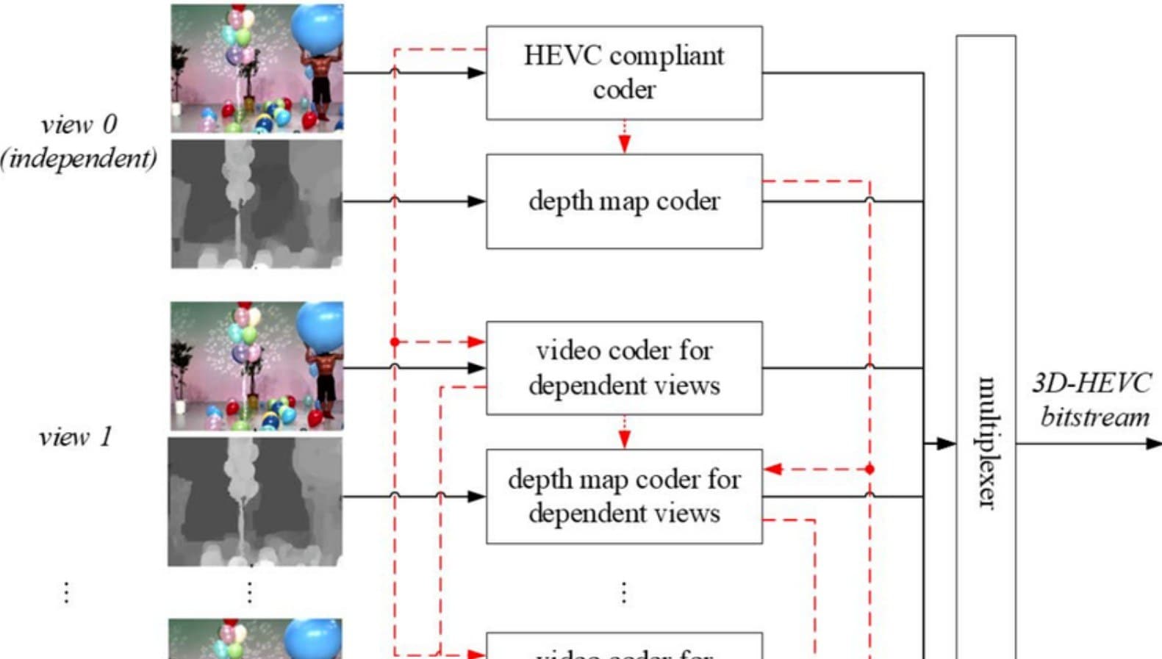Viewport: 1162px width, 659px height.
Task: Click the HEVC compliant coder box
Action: tap(624, 73)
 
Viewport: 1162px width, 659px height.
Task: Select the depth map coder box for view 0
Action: tap(624, 201)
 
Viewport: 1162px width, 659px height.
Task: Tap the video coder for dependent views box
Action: tap(624, 367)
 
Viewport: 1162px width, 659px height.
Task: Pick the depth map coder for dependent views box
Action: tap(624, 496)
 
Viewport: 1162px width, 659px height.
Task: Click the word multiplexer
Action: tap(986, 442)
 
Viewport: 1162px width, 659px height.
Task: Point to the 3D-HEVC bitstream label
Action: tap(1093, 400)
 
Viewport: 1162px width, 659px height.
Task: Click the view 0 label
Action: tap(79, 124)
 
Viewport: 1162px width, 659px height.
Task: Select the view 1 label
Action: tap(75, 437)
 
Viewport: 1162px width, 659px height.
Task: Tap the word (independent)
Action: tap(79, 158)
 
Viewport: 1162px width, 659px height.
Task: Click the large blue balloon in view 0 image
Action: tap(318, 28)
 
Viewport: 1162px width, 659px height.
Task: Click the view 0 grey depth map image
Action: tap(257, 204)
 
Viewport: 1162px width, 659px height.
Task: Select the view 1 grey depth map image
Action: tap(255, 502)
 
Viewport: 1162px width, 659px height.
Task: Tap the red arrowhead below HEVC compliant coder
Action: tap(624, 144)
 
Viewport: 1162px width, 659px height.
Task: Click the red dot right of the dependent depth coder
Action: tap(869, 469)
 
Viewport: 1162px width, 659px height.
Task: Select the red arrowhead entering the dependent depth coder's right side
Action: tap(772, 469)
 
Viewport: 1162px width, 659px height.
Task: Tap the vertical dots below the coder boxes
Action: tap(623, 591)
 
